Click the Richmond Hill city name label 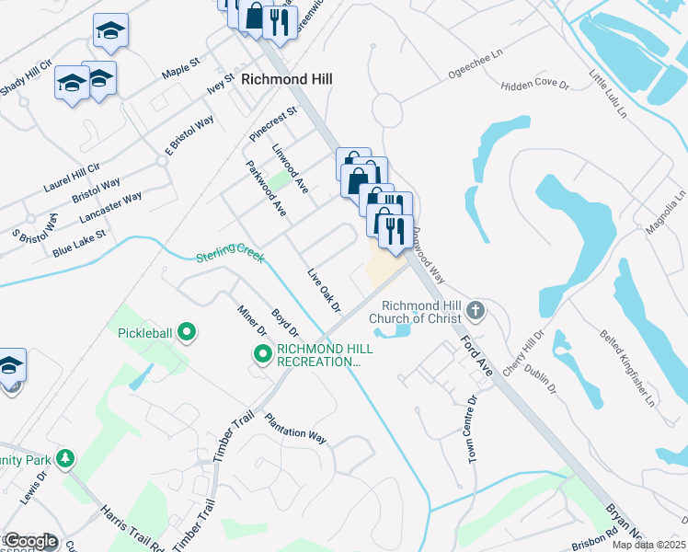(286, 80)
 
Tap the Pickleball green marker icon (187, 331)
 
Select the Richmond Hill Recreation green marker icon (262, 353)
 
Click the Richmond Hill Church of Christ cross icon (476, 309)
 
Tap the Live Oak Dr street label (324, 289)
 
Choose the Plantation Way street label (295, 429)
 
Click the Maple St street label (180, 68)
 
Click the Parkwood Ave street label (267, 189)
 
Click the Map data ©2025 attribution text (649, 545)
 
